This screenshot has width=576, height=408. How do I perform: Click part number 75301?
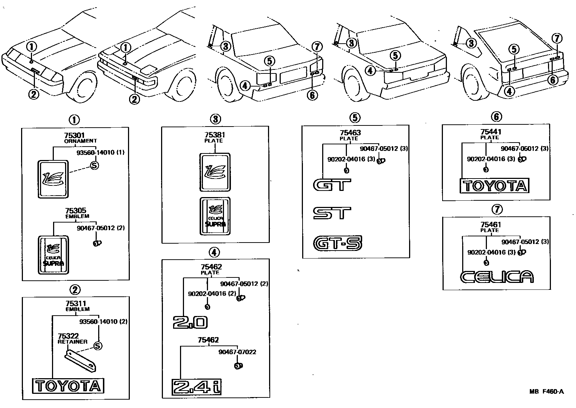74,135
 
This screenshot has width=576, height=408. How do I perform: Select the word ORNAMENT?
80,141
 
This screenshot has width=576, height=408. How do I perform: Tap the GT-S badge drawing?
337,243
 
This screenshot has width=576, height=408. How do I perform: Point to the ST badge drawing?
332,213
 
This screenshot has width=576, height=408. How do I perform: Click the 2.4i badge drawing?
196,387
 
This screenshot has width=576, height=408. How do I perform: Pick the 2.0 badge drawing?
190,323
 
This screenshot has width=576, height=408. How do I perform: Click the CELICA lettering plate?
497,277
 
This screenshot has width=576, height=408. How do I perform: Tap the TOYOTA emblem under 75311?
68,386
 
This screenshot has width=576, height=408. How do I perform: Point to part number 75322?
68,336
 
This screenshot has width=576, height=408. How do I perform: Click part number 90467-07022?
237,352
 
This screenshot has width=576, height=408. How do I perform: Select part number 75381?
215,135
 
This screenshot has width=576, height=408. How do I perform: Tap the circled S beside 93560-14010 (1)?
95,165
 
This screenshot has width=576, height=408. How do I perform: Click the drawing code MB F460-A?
547,392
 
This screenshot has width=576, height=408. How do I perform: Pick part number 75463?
351,133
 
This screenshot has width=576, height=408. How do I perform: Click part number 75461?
491,224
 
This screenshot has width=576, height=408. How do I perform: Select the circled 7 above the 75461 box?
497,209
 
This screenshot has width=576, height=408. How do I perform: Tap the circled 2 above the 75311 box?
75,290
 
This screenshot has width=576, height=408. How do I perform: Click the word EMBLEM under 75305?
77,216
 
